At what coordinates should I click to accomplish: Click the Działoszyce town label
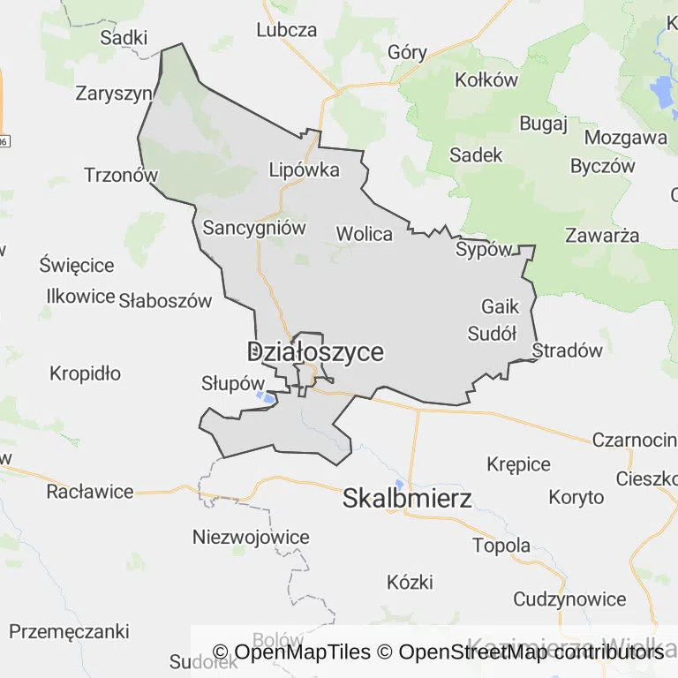[x=315, y=352]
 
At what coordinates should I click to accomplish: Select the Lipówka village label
[x=304, y=170]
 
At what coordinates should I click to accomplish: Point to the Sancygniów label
[x=254, y=228]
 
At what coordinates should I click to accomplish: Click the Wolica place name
[x=364, y=234]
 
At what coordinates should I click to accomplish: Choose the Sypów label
[x=483, y=250]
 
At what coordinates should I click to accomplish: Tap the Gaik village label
[x=501, y=307]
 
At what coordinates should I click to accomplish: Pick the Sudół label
[x=492, y=334]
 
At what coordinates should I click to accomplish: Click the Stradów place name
[x=568, y=350]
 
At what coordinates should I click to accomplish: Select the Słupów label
[x=233, y=384]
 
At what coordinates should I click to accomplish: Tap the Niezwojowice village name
[x=251, y=537]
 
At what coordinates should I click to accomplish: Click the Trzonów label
[x=120, y=175]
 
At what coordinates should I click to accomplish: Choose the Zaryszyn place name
[x=114, y=94]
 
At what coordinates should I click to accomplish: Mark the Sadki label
[x=124, y=37]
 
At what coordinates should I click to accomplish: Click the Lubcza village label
[x=286, y=29]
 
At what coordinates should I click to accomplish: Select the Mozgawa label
[x=626, y=138]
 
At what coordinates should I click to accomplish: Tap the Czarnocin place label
[x=634, y=440]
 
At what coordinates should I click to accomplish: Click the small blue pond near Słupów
[x=264, y=397]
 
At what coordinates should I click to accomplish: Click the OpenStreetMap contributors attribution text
[x=531, y=652]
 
